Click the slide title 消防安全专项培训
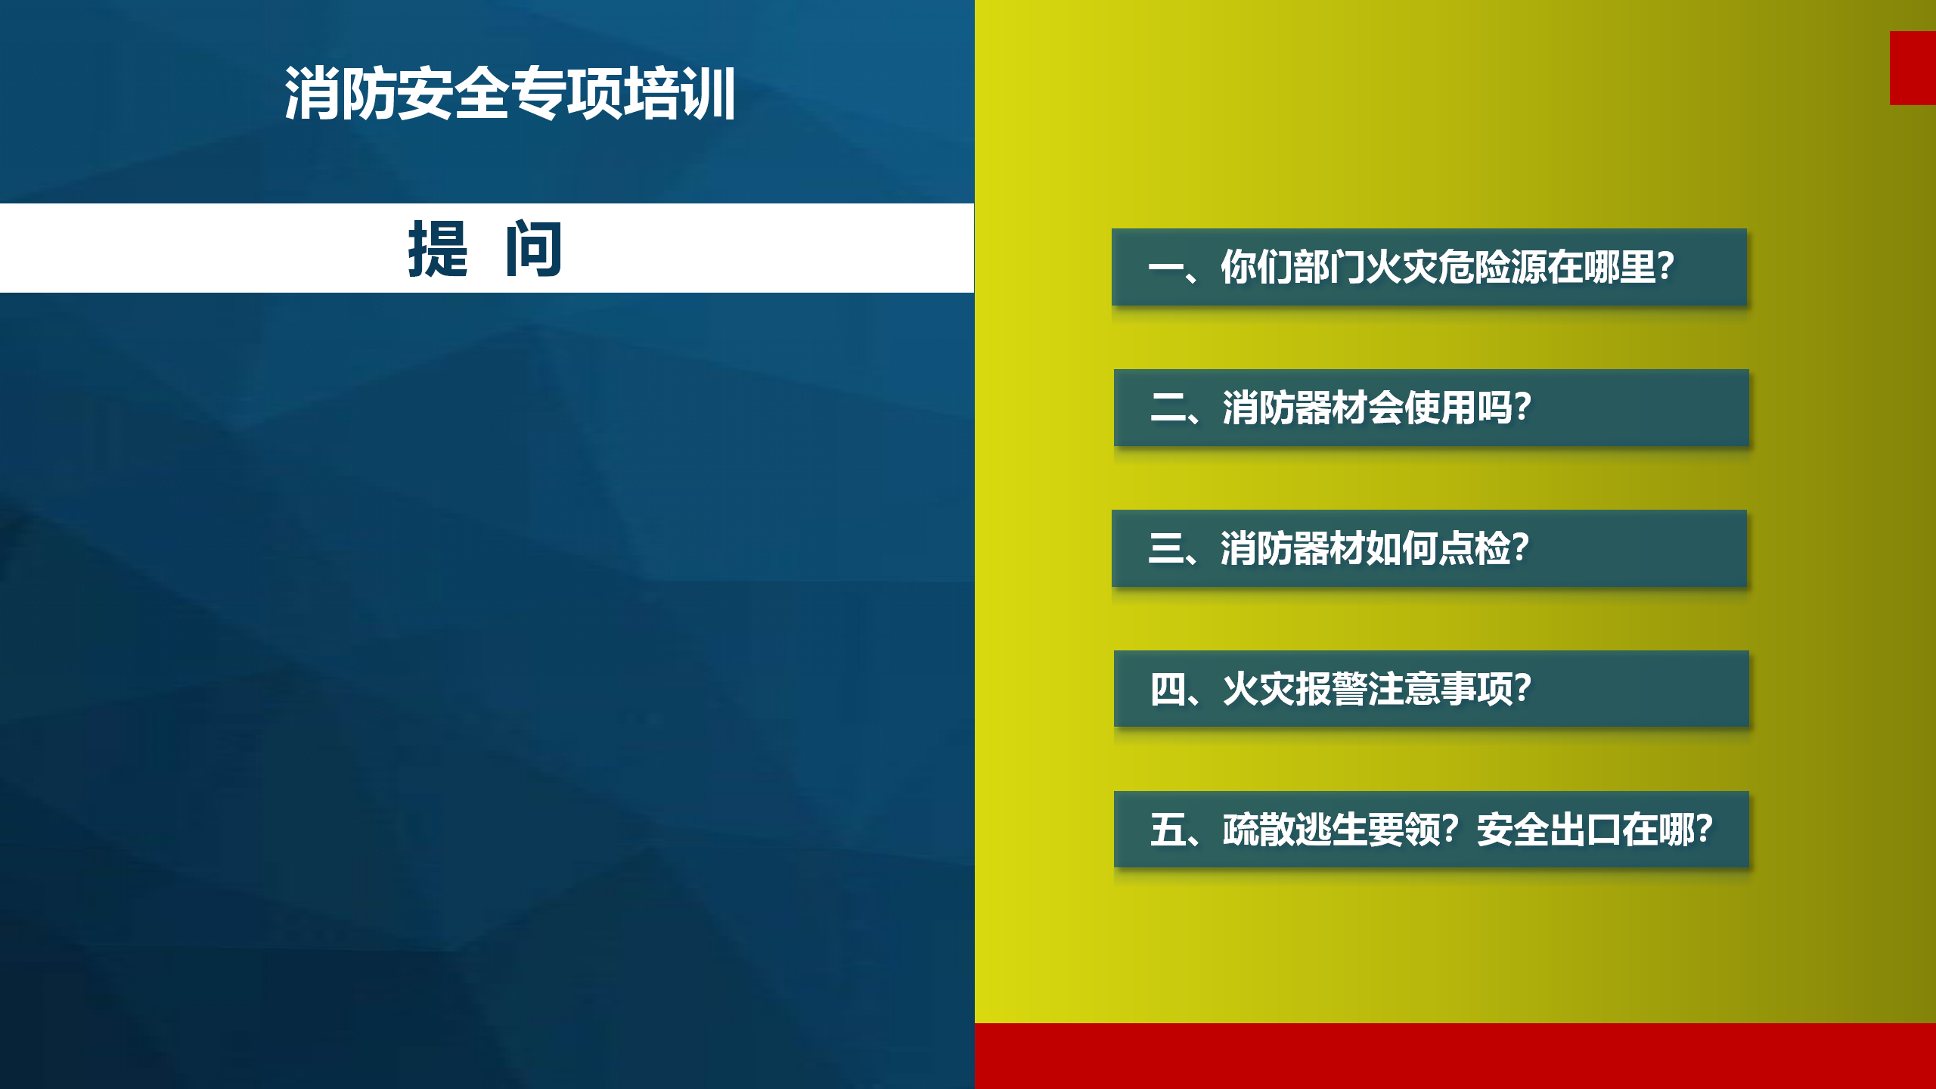point(510,93)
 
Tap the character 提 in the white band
point(438,249)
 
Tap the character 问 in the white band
point(534,249)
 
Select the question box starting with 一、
point(1429,267)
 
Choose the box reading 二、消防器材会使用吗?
point(1432,408)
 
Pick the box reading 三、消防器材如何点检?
point(1429,548)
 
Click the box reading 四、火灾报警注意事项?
point(1432,689)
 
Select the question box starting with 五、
point(1432,830)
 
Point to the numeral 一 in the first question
point(1165,268)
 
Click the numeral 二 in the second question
point(1168,408)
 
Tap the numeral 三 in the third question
point(1165,548)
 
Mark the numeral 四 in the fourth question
point(1168,689)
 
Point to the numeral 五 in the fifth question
point(1168,830)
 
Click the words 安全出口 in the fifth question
point(1549,830)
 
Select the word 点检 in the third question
point(1475,548)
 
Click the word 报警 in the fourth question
point(1330,689)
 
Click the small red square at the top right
point(1913,68)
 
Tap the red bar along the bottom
point(1455,1056)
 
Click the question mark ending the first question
point(1665,267)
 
